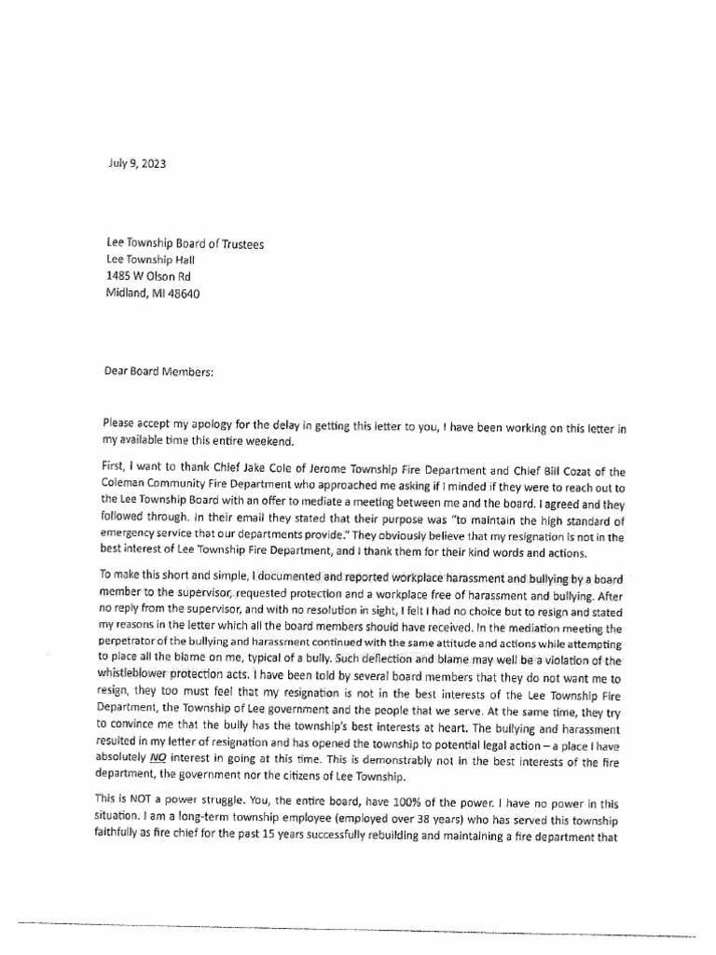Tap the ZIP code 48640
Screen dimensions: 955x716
click(182, 293)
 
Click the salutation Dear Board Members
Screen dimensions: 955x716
click(158, 371)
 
